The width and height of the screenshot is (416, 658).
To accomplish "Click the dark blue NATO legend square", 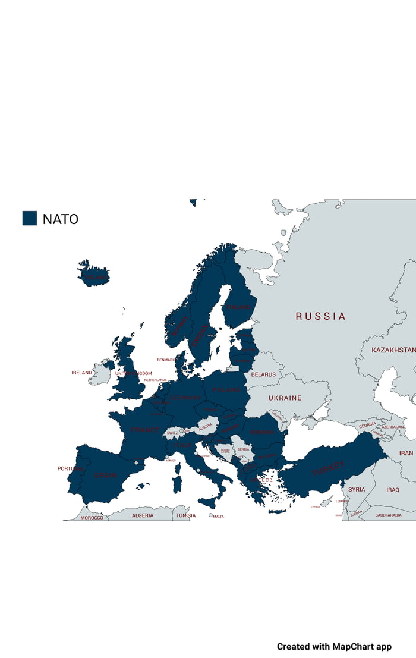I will click(x=30, y=218).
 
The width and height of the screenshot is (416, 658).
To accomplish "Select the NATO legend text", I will click(x=60, y=219).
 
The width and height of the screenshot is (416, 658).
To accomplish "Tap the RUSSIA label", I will click(x=320, y=316).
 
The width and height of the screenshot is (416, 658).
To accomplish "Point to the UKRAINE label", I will click(x=285, y=398).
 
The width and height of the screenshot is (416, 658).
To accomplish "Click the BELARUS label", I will click(x=263, y=374).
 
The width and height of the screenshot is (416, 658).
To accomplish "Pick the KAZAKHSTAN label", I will click(x=393, y=350).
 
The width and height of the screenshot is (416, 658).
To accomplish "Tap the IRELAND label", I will click(x=82, y=373).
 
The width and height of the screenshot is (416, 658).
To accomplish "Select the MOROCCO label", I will click(x=92, y=518).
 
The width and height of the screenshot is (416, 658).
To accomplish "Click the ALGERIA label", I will click(x=143, y=515).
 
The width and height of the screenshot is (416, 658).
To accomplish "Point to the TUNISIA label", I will click(x=185, y=515).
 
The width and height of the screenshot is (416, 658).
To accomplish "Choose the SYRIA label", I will click(x=357, y=489).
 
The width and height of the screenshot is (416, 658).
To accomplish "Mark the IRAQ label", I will click(x=393, y=490).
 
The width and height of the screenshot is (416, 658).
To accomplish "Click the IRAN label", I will click(x=406, y=453).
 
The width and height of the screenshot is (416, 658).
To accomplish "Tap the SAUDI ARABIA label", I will click(x=388, y=515).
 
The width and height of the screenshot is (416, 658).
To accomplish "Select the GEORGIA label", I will click(x=367, y=425).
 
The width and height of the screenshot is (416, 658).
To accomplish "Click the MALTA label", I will click(x=218, y=517).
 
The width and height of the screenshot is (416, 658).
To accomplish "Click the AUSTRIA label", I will click(x=205, y=427).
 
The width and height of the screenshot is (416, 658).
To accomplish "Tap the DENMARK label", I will click(x=166, y=360).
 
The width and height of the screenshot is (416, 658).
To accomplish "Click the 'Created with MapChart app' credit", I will click(x=334, y=647).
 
